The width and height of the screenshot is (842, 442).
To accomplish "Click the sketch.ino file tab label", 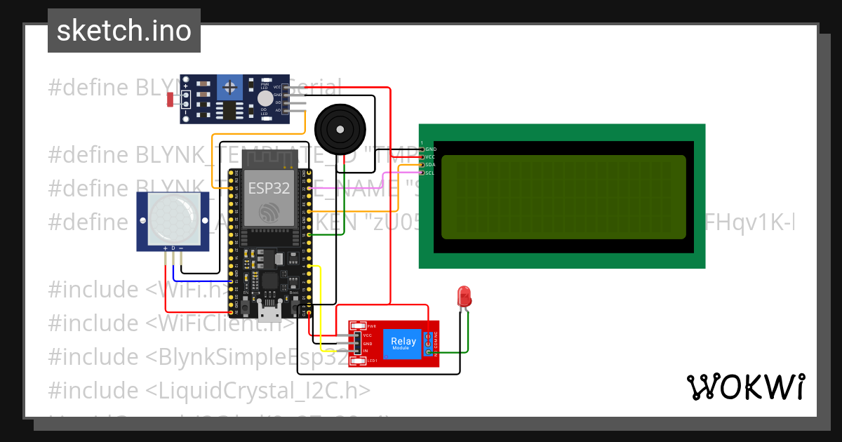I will (x=123, y=31).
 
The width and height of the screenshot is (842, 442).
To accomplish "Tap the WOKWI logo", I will (x=744, y=387).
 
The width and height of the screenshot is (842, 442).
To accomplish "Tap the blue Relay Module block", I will (x=403, y=344).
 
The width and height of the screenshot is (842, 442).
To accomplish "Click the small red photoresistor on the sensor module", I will (x=171, y=99).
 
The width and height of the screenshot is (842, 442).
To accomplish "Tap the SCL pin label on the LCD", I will (x=429, y=173).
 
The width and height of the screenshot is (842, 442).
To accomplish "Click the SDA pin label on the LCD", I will (x=429, y=165).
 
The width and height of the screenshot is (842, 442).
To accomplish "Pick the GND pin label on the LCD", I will (x=430, y=149).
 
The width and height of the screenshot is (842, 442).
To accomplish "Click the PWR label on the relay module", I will (x=371, y=326).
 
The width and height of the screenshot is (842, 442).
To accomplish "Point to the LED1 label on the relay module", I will (x=372, y=361).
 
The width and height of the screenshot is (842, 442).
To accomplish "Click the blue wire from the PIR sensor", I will (x=203, y=281).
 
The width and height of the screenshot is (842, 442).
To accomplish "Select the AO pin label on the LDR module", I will (x=278, y=110).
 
